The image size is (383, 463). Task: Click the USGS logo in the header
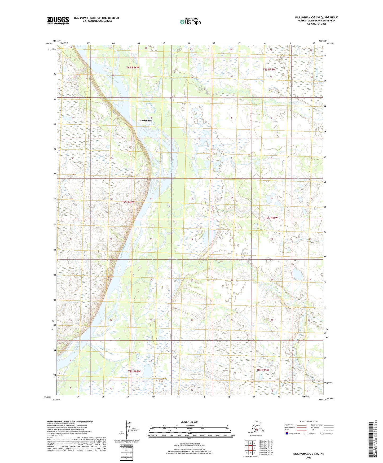(58, 20)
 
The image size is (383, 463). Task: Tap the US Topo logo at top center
(190, 22)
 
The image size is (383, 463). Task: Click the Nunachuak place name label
(145, 120)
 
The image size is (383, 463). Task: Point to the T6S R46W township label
(133, 68)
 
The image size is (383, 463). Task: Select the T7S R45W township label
(271, 218)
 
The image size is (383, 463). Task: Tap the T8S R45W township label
(262, 370)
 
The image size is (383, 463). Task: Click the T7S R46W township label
(128, 202)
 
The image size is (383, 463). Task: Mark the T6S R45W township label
(269, 69)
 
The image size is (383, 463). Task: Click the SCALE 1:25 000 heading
(189, 422)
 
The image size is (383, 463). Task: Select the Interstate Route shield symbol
(287, 433)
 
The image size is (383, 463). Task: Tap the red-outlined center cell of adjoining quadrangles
(250, 448)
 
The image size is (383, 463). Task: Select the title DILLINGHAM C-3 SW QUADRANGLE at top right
(316, 18)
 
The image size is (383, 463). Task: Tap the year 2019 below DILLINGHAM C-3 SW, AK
(309, 457)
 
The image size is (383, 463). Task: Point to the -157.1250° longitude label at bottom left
(56, 400)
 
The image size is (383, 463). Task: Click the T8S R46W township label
(134, 372)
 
